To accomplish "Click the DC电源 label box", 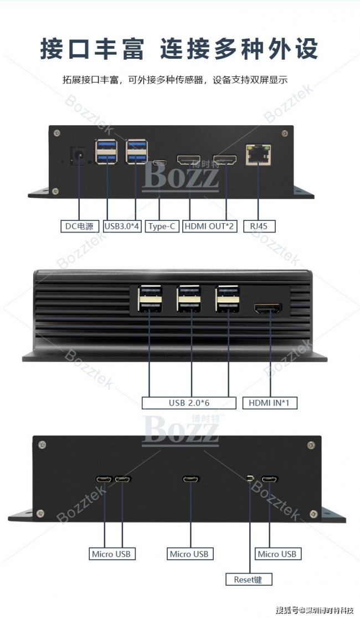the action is click(79, 226).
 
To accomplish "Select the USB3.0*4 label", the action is click(122, 226).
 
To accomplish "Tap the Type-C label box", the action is click(162, 226).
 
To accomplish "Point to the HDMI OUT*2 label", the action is click(209, 226).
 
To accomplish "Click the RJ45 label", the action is click(259, 226).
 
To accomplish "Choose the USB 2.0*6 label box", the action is click(189, 403).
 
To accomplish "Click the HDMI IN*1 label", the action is click(269, 403).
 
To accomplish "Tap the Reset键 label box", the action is click(248, 579).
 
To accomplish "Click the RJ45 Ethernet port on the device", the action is click(258, 154).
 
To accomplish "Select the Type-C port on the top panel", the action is click(160, 162).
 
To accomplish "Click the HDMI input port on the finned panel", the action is click(269, 308).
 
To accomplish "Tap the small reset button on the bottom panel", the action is click(250, 479).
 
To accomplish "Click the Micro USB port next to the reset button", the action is click(270, 479).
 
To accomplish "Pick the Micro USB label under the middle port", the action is click(189, 554).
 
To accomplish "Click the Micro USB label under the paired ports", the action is click(111, 554).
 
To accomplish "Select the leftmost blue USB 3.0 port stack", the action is click(106, 151).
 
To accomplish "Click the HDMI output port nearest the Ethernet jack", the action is click(225, 159).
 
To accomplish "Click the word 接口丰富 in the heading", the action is click(92, 49).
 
